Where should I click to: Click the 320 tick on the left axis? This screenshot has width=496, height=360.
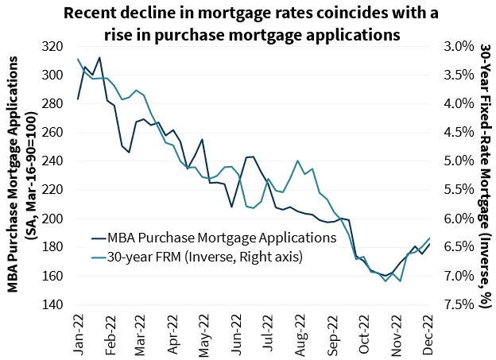click(55, 46)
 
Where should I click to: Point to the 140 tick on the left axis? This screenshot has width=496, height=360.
click(55, 304)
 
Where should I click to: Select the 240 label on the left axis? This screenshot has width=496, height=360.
click(55, 161)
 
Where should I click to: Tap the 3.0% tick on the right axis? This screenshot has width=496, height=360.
click(454, 46)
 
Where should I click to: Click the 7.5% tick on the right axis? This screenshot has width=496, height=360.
click(454, 304)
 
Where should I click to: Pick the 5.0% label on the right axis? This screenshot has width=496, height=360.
click(454, 161)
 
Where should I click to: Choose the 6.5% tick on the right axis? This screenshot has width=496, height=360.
click(454, 247)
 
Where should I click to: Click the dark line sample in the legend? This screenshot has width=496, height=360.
click(99, 237)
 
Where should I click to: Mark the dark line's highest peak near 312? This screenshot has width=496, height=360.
click(99, 57)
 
